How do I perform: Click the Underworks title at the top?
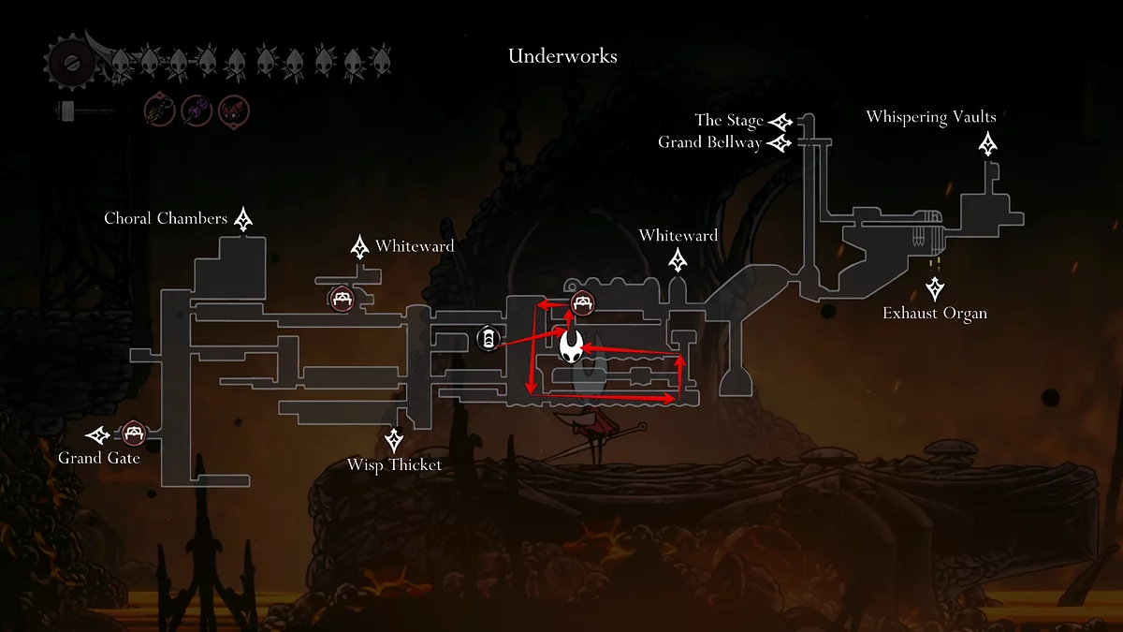click(x=562, y=56)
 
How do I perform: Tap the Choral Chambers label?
click(x=166, y=219)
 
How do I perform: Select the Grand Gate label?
click(x=99, y=459)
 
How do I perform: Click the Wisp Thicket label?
click(x=394, y=465)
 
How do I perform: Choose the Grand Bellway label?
click(x=709, y=143)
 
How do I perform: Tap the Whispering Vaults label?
click(x=930, y=117)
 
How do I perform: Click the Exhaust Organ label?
click(x=934, y=313)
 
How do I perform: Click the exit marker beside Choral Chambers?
click(x=244, y=220)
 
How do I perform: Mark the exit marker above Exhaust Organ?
click(x=934, y=288)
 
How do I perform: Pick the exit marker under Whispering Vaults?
click(x=988, y=144)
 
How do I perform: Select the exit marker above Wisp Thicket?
click(x=395, y=439)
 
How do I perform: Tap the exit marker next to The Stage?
click(x=780, y=122)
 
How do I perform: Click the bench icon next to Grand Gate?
click(x=133, y=434)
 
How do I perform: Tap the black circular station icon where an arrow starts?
click(x=489, y=339)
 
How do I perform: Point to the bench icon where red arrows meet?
click(x=583, y=302)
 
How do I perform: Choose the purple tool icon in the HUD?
click(x=195, y=111)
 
